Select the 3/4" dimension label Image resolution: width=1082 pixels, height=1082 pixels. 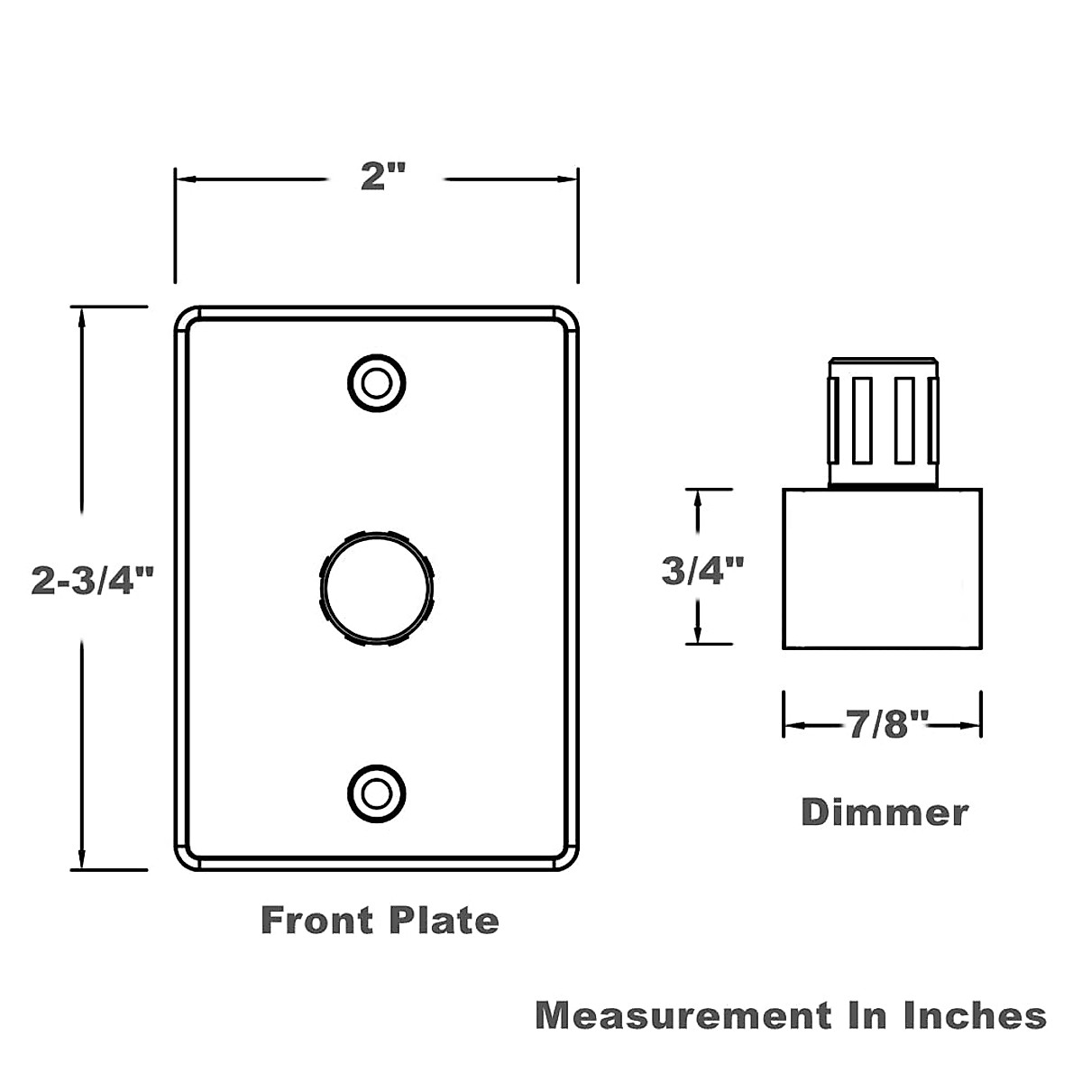(703, 571)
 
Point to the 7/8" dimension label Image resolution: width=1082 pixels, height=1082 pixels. (886, 724)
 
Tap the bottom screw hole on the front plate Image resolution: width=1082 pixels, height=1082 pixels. (376, 793)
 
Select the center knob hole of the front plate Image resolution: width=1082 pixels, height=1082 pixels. (376, 589)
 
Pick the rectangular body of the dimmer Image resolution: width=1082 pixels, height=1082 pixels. (882, 569)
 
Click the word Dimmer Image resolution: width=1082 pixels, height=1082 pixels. (885, 812)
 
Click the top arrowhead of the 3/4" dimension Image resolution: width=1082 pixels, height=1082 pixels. (696, 498)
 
